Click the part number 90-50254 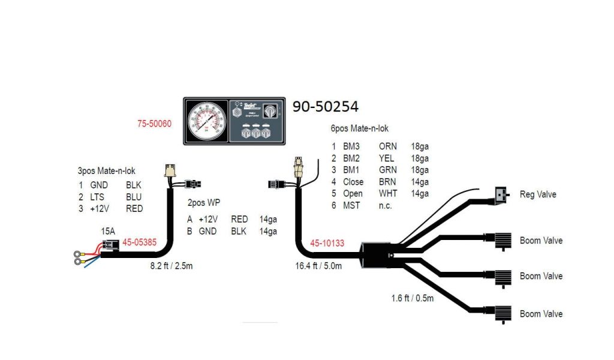pyautogui.click(x=325, y=107)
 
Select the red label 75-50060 pyautogui.click(x=155, y=124)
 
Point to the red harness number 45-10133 pyautogui.click(x=327, y=243)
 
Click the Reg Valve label pyautogui.click(x=537, y=194)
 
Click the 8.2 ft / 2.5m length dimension pyautogui.click(x=171, y=265)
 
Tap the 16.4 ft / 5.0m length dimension pyautogui.click(x=318, y=265)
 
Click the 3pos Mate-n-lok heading pyautogui.click(x=111, y=171)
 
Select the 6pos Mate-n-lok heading pyautogui.click(x=360, y=128)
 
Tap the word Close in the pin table pyautogui.click(x=353, y=182)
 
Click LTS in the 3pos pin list pyautogui.click(x=98, y=197)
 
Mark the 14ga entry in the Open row pyautogui.click(x=419, y=194)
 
